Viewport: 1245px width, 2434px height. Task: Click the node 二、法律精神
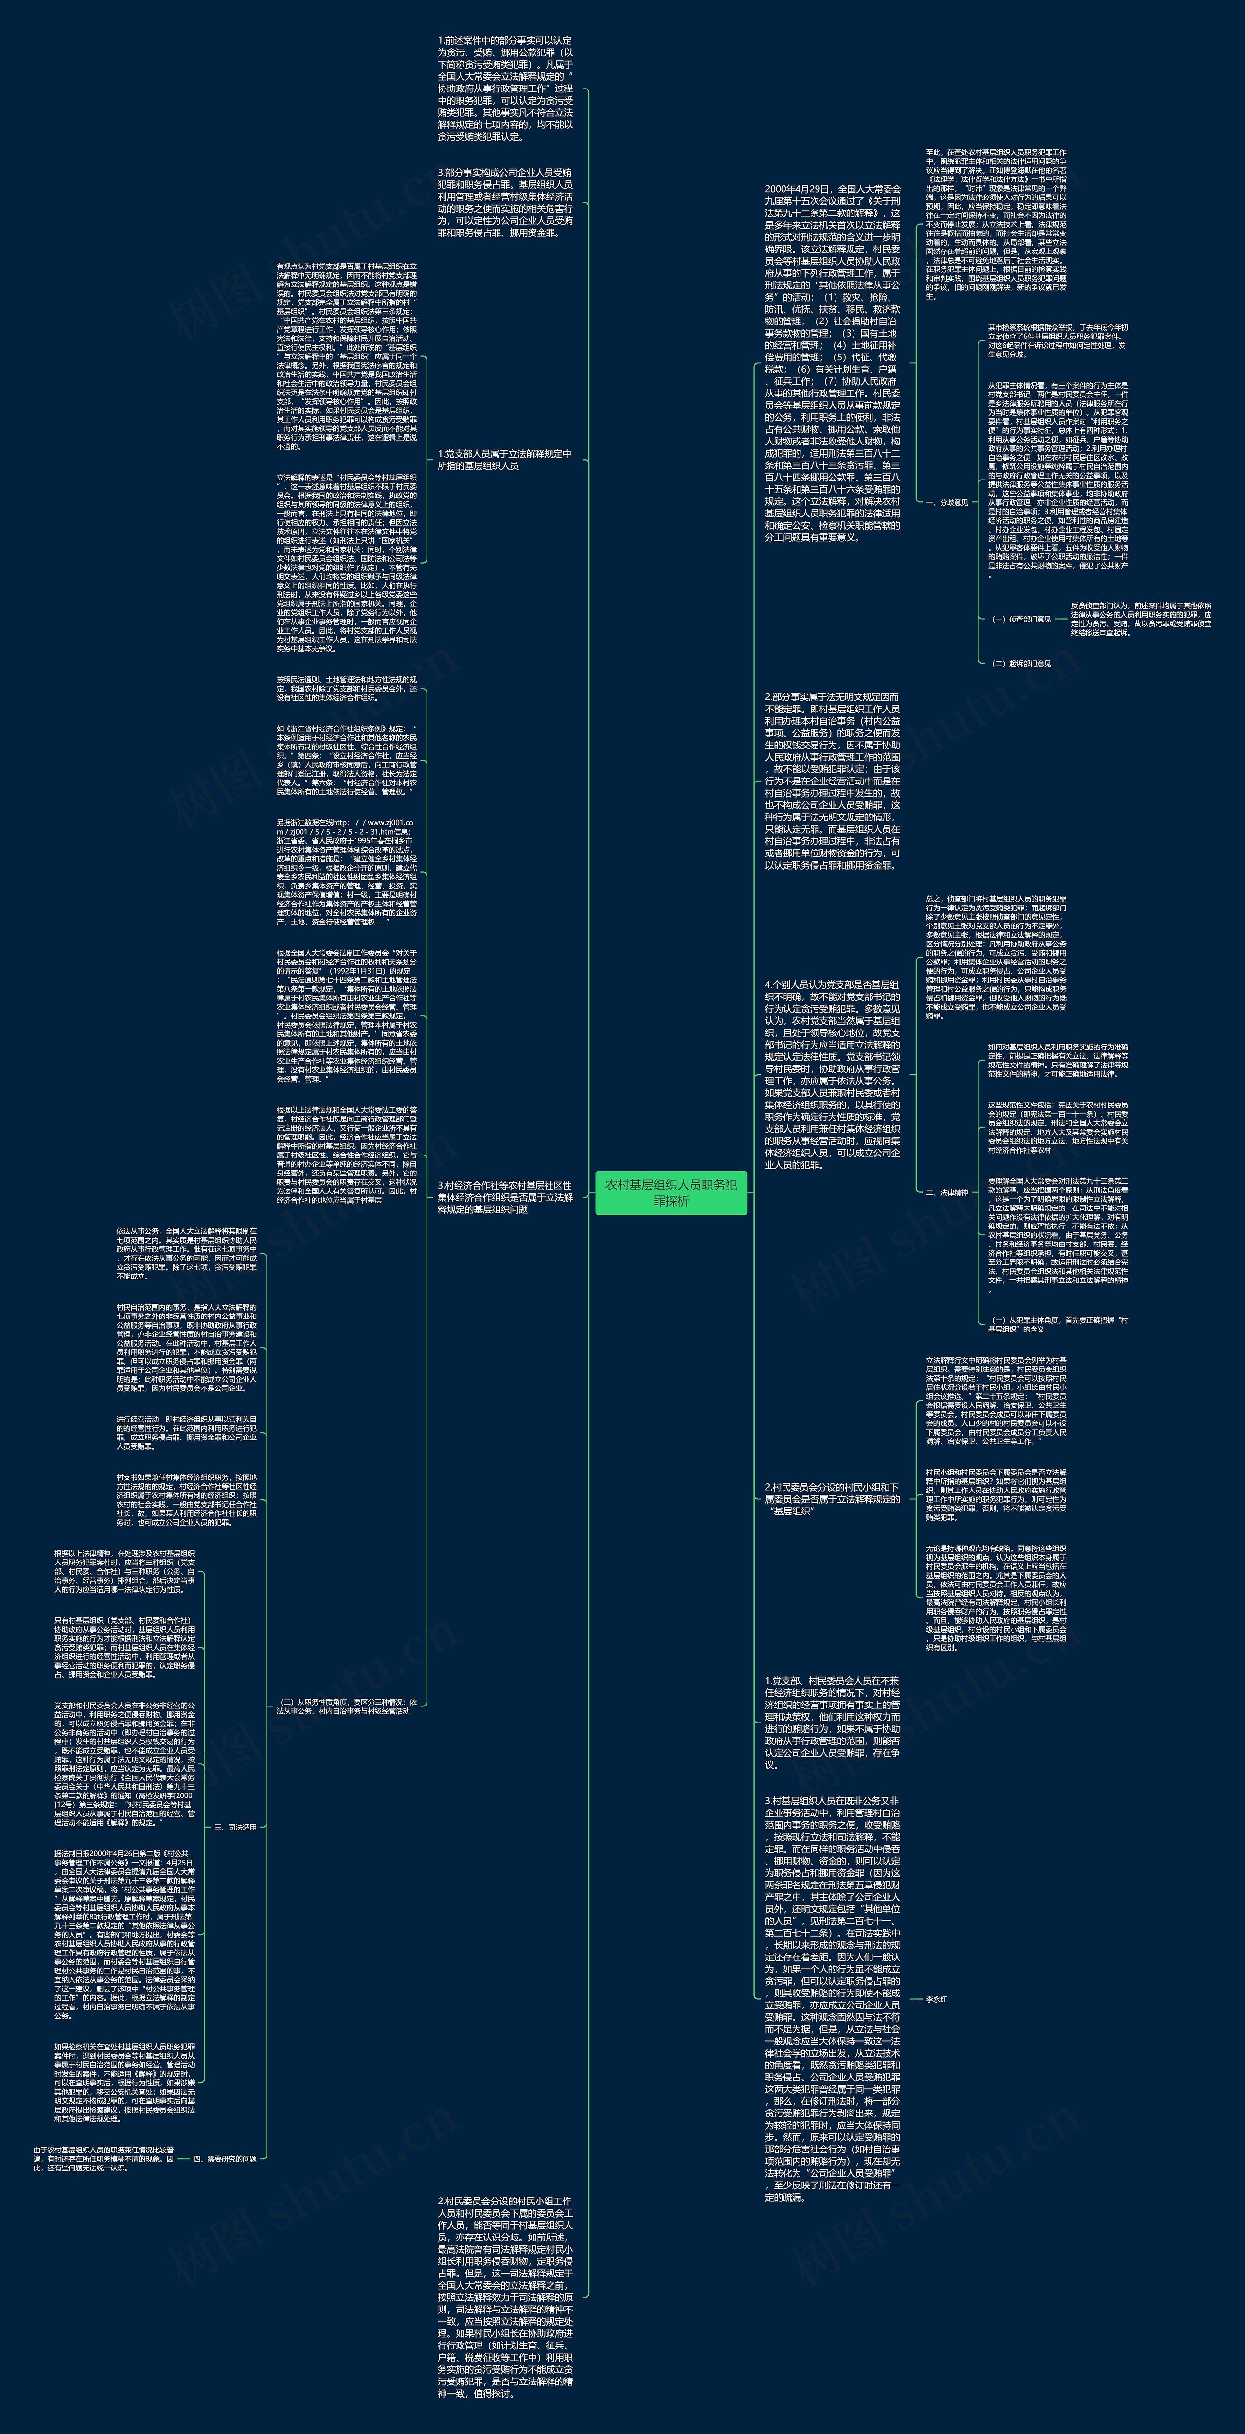(946, 1192)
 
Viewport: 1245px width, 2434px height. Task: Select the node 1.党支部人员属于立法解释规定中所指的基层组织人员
(504, 460)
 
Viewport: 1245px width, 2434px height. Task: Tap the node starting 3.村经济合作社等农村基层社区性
(504, 1197)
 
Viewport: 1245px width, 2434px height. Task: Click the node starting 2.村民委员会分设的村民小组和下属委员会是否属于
(832, 1498)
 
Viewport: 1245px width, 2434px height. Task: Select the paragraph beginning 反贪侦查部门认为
(1140, 619)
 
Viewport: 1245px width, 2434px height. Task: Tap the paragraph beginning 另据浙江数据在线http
(346, 871)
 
